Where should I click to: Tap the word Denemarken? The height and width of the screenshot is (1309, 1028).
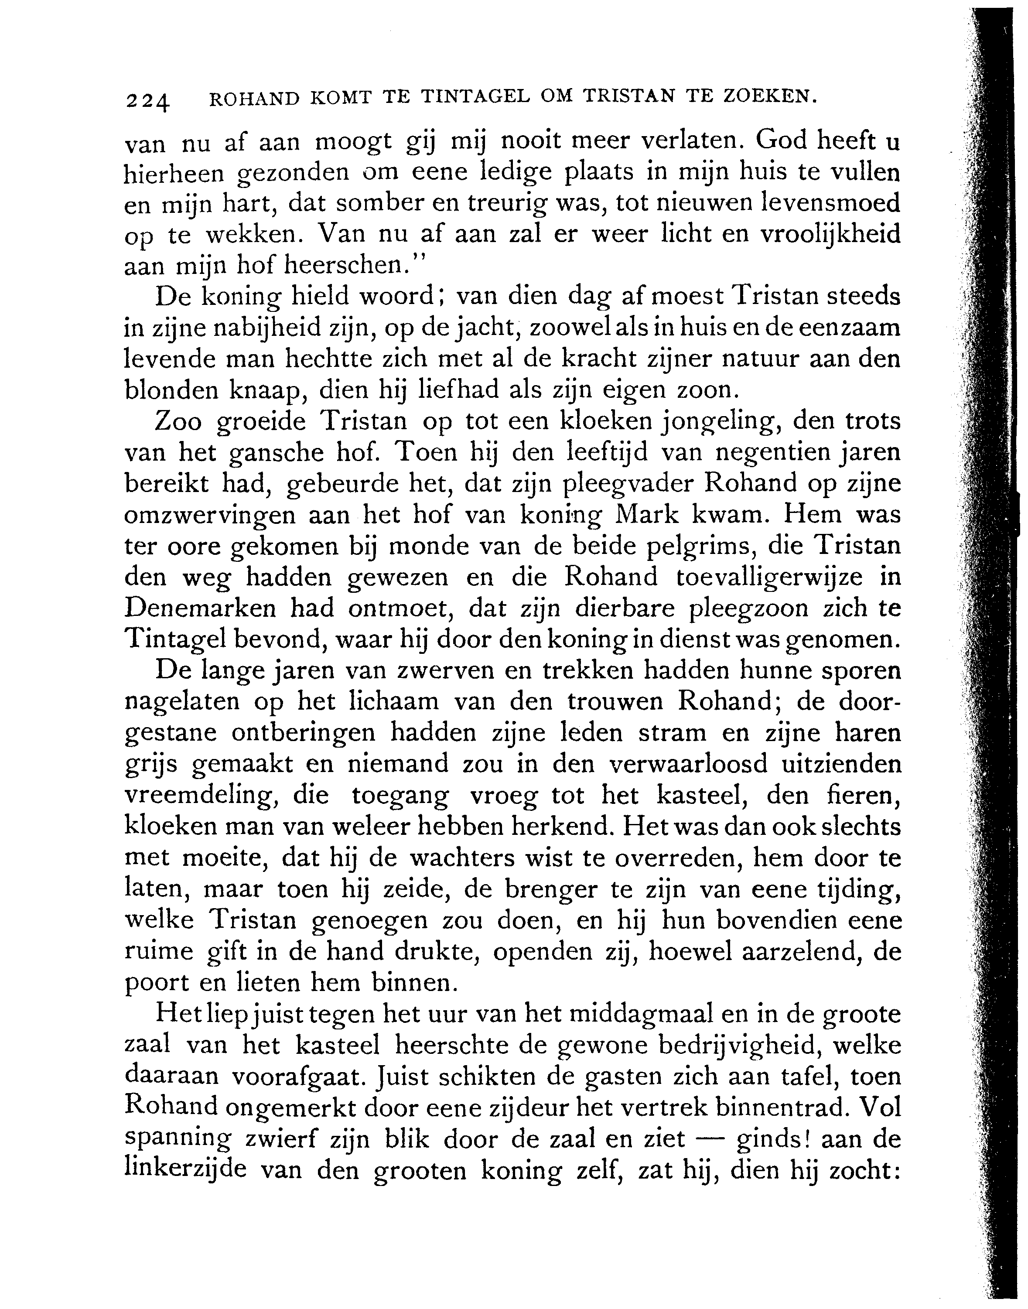pyautogui.click(x=201, y=608)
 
